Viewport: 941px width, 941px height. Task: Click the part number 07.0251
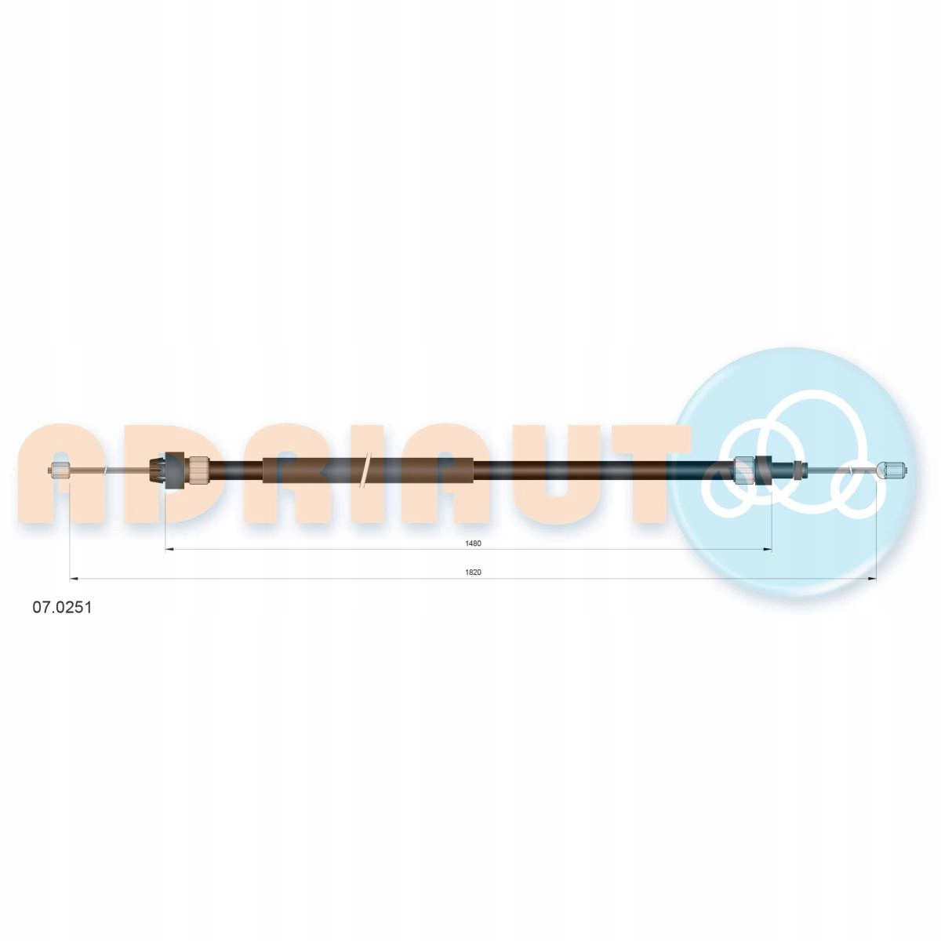[x=62, y=608]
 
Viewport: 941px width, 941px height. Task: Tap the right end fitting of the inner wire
[x=892, y=471]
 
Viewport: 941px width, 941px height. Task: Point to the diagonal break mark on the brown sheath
[x=365, y=470]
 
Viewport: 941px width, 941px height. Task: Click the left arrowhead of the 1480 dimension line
[x=169, y=550]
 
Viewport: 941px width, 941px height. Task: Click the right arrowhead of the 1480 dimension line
[x=768, y=550]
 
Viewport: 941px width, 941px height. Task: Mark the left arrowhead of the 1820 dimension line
[x=74, y=579]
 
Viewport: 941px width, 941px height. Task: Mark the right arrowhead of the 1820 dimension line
[x=872, y=579]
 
